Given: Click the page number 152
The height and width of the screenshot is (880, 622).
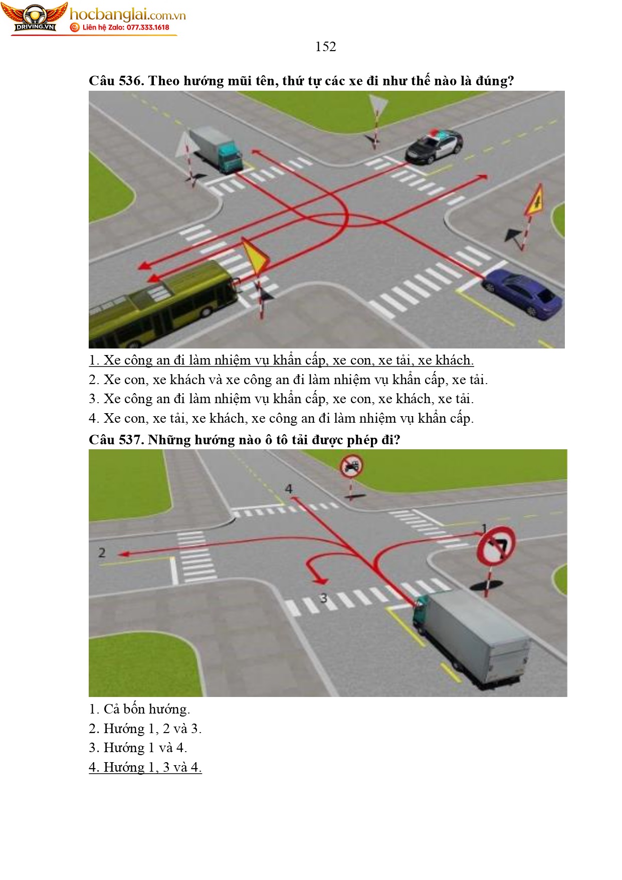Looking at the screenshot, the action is pyautogui.click(x=325, y=47).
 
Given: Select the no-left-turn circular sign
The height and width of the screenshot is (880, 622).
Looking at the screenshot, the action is pyautogui.click(x=495, y=546).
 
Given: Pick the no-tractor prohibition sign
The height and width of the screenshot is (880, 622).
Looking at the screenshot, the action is pyautogui.click(x=352, y=466).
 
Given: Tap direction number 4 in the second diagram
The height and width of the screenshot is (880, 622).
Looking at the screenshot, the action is pyautogui.click(x=289, y=488).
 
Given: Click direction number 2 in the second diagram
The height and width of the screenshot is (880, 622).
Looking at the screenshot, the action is pyautogui.click(x=102, y=553).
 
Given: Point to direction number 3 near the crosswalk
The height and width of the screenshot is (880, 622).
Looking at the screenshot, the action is pyautogui.click(x=323, y=598).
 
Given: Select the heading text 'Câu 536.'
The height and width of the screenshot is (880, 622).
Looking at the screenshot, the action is pyautogui.click(x=116, y=81).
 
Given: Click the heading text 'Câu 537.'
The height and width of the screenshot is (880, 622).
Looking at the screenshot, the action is pyautogui.click(x=116, y=440).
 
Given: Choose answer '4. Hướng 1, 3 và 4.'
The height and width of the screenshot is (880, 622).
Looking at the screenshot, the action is pyautogui.click(x=145, y=767).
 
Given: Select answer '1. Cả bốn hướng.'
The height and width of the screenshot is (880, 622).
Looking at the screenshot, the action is pyautogui.click(x=139, y=709).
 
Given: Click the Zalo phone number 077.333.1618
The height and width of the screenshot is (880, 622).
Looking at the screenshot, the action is pyautogui.click(x=148, y=28).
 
